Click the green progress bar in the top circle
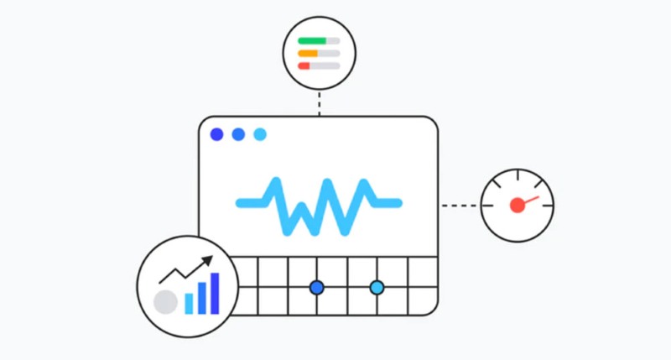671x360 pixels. [x=312, y=40]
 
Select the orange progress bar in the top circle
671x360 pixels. [x=308, y=53]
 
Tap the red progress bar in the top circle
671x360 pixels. [x=304, y=65]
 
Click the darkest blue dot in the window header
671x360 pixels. [x=217, y=134]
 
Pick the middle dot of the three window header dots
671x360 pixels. [x=238, y=134]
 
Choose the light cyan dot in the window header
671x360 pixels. [x=260, y=134]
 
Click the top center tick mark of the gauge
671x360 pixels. [x=518, y=176]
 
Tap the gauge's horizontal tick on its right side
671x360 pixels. [x=544, y=205]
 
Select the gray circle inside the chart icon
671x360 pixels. [x=166, y=301]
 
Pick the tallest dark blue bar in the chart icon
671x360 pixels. [x=215, y=292]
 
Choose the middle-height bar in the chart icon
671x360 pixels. [x=201, y=298]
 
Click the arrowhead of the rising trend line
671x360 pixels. [x=208, y=263]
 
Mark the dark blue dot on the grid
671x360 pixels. [x=316, y=288]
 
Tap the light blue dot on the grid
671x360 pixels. [x=377, y=288]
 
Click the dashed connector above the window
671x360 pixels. [x=319, y=103]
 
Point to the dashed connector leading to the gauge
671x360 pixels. [x=460, y=205]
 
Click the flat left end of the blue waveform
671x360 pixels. [x=248, y=202]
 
